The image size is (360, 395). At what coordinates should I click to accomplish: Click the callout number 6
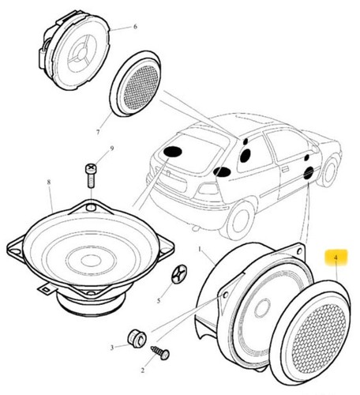[135, 27]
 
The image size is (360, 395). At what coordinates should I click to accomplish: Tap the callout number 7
[98, 132]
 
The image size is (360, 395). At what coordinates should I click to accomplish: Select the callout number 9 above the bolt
[112, 149]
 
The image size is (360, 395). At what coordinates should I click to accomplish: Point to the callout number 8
[49, 182]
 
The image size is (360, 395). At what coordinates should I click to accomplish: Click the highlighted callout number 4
[336, 258]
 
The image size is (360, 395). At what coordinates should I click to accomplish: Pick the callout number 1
[200, 249]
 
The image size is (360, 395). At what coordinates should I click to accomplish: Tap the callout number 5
[159, 300]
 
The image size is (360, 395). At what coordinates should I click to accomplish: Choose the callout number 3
[112, 348]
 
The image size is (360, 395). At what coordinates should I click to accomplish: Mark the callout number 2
[142, 371]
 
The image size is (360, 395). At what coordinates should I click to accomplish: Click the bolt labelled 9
[91, 175]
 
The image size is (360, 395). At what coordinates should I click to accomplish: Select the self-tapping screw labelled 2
[160, 352]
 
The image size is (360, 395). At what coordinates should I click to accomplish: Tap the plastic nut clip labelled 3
[137, 338]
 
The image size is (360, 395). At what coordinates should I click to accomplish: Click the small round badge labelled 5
[179, 274]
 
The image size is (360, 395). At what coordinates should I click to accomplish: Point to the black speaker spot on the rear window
[172, 152]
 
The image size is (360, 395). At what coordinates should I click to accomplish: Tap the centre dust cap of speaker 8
[90, 261]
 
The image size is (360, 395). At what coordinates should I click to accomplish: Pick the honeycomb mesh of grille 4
[319, 336]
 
